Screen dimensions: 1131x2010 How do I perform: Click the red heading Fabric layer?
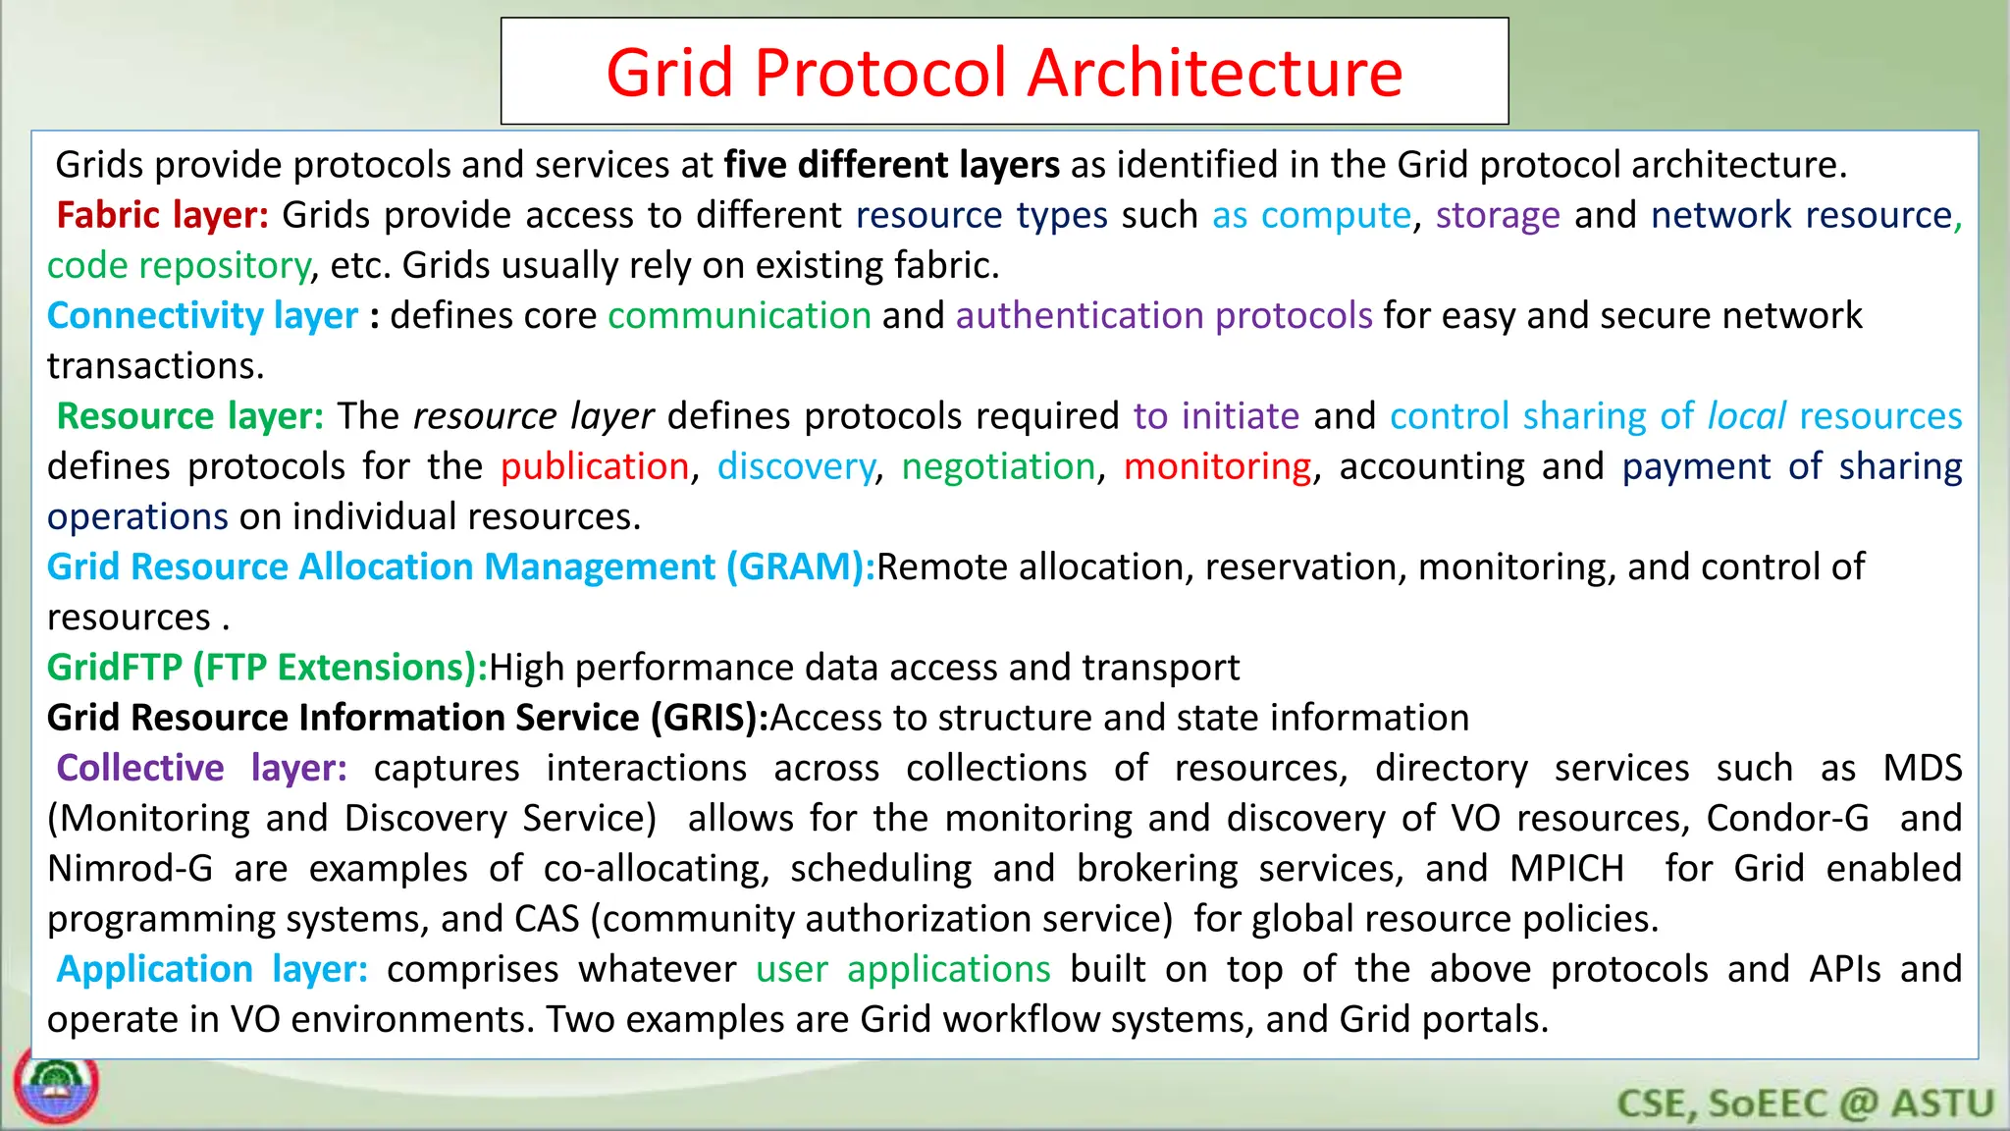(x=162, y=215)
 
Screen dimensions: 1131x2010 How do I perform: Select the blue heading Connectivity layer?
(x=202, y=315)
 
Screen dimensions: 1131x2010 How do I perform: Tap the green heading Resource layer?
(x=189, y=416)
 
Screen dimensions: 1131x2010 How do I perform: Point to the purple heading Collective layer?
(x=201, y=768)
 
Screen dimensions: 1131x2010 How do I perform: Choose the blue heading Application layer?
(x=212, y=969)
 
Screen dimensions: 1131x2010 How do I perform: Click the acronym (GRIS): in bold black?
(x=709, y=718)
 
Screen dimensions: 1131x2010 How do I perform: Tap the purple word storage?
(x=1497, y=215)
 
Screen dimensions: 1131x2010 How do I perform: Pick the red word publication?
(x=595, y=466)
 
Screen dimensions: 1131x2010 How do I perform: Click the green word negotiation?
(x=998, y=466)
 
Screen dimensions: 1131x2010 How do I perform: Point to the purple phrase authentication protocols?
(x=1163, y=315)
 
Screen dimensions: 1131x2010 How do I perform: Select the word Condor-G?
(x=1787, y=818)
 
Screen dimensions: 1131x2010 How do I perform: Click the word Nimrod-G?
(x=130, y=869)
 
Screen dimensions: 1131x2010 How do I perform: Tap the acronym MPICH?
(x=1566, y=869)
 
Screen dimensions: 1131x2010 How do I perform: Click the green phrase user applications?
(x=903, y=969)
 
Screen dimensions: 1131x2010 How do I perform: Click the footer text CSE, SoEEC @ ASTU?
(x=1805, y=1104)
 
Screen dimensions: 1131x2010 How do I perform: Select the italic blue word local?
(x=1746, y=416)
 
